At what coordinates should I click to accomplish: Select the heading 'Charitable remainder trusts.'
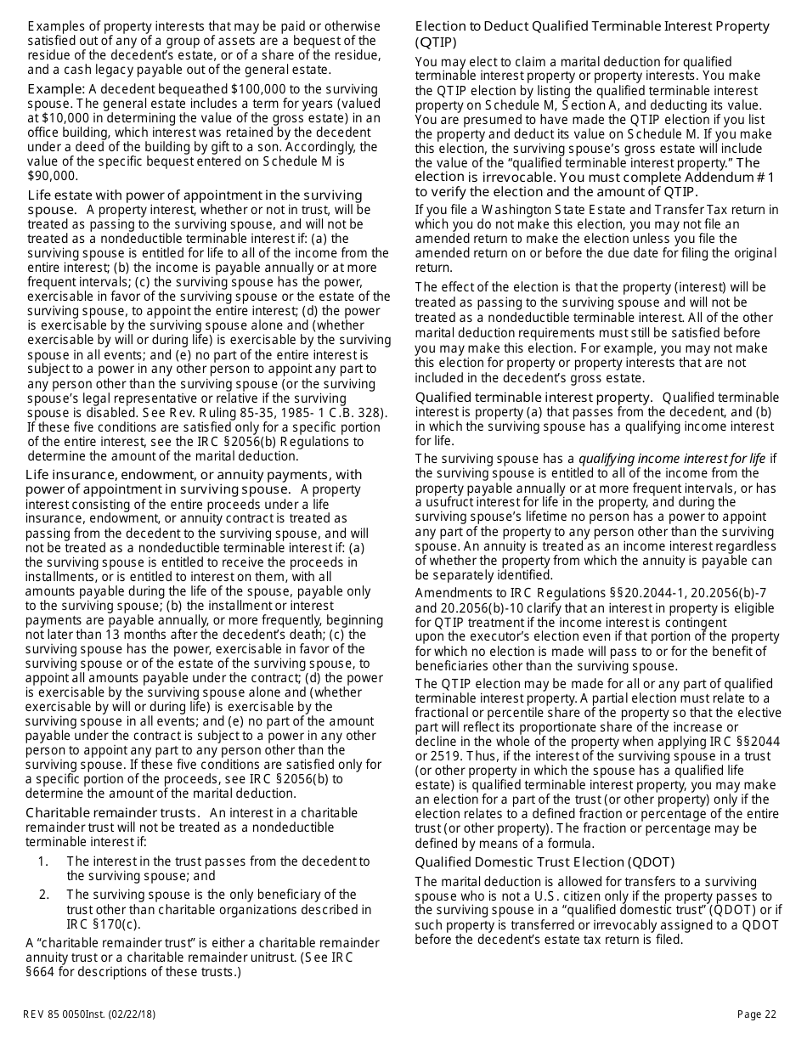[114, 813]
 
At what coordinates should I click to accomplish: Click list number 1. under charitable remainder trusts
[43, 861]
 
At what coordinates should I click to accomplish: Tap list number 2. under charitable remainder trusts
[43, 895]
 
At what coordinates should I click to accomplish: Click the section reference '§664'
[42, 972]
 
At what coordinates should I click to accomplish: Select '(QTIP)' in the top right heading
[436, 42]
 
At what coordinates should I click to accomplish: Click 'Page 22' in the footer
[756, 1014]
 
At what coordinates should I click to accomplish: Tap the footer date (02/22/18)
[131, 1014]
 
